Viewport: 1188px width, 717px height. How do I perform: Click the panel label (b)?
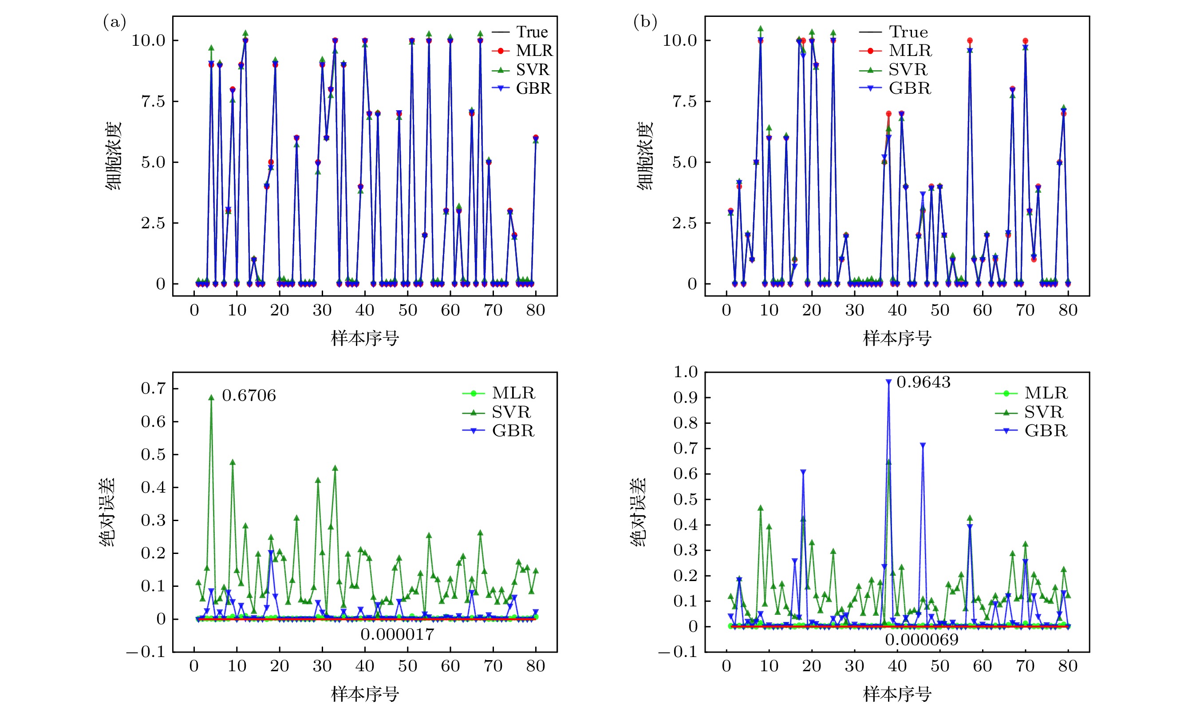coord(645,23)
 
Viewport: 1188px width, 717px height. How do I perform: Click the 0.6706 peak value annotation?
coord(249,396)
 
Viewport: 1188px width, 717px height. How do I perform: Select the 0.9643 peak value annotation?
coord(924,382)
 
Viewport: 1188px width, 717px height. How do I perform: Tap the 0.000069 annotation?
coord(921,640)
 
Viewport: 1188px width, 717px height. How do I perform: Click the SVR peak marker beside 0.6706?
coord(211,398)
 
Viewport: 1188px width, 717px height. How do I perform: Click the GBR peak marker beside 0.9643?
coord(888,382)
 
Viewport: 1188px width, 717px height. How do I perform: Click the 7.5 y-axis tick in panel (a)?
coord(153,101)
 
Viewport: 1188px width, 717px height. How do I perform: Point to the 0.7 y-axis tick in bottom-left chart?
coord(153,388)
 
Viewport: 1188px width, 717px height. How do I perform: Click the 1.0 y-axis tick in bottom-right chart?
coord(685,372)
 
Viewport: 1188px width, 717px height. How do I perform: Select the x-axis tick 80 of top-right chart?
coord(1068,310)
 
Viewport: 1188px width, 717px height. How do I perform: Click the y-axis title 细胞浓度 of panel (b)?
coord(645,155)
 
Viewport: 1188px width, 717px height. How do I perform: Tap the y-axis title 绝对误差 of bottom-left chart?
coord(107,511)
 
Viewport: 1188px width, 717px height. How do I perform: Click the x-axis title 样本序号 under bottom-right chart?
coord(897,694)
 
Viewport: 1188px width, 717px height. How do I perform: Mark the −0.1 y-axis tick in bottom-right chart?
coord(678,652)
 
